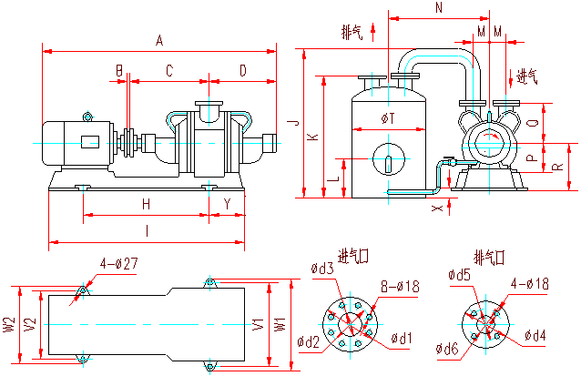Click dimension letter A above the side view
point(159,41)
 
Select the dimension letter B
point(118,70)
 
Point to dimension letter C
point(168,70)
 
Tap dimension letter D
point(242,70)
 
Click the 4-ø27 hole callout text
point(117,265)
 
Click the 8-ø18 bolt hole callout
point(399,287)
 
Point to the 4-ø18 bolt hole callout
point(529,284)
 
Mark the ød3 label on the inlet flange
point(322,269)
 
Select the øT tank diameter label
point(387,119)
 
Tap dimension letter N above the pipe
point(440,8)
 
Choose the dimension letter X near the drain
point(437,208)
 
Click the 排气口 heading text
point(488,255)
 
